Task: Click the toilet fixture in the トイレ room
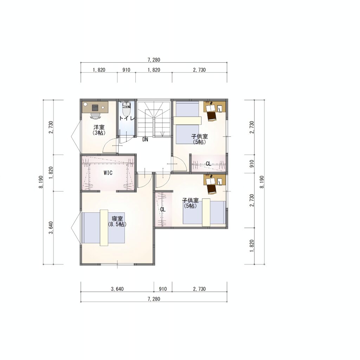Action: pyautogui.click(x=126, y=109)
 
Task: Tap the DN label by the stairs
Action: pyautogui.click(x=145, y=139)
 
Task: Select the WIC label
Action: pyautogui.click(x=108, y=173)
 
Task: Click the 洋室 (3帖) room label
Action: pyautogui.click(x=99, y=130)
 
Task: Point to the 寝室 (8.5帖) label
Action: pyautogui.click(x=117, y=221)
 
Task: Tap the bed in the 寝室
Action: pyautogui.click(x=104, y=227)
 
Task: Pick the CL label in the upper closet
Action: pyautogui.click(x=208, y=164)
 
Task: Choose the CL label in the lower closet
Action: pyautogui.click(x=163, y=210)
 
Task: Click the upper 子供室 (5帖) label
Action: pyautogui.click(x=199, y=139)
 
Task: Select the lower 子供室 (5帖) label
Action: pyautogui.click(x=190, y=203)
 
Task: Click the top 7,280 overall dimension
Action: pyautogui.click(x=154, y=60)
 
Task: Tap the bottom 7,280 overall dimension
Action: pyautogui.click(x=154, y=299)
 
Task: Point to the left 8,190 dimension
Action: pyautogui.click(x=41, y=182)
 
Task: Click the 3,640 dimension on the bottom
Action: pyautogui.click(x=117, y=289)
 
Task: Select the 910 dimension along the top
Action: pyautogui.click(x=126, y=70)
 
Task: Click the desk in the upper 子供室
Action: pyautogui.click(x=215, y=107)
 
